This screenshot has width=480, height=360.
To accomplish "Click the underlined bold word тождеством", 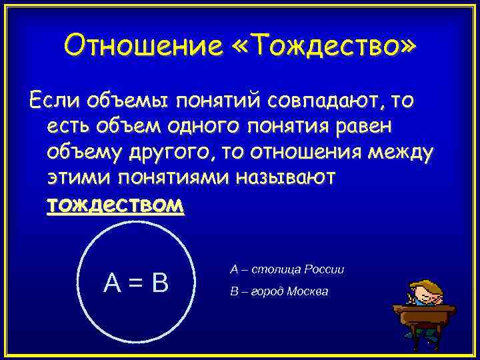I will coord(115,205).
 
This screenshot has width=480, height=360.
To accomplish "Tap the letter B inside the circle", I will coord(159,284).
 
